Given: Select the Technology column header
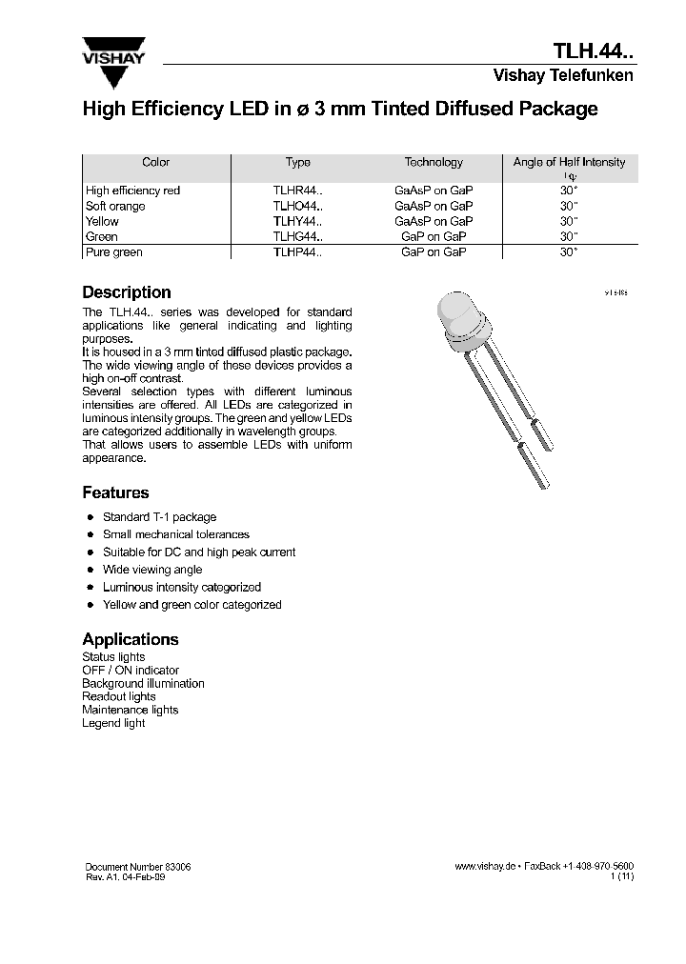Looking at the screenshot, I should coord(434,163).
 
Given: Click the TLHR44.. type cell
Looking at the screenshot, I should coord(298,191).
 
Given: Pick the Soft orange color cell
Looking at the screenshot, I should coord(115,206).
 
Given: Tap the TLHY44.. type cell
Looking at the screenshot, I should coord(298,221).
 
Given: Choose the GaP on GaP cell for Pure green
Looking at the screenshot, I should coord(434,252).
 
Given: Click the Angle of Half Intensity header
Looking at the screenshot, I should coord(569,163).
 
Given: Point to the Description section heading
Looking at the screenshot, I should coord(127,292).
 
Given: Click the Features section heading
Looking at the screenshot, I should coord(115,492).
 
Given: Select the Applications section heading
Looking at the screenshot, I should coord(131,639).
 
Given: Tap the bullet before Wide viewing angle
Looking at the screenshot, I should coord(90,570).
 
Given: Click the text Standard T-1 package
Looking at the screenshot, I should coord(159,517).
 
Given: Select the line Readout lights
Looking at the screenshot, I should coord(119,696).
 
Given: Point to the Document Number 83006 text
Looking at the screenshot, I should coord(138,867).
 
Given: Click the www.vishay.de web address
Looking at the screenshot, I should coord(485,867).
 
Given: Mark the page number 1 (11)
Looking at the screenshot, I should coord(622,877).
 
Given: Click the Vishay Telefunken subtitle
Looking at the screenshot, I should coord(562,76).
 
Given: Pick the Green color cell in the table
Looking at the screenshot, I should coord(102,236).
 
